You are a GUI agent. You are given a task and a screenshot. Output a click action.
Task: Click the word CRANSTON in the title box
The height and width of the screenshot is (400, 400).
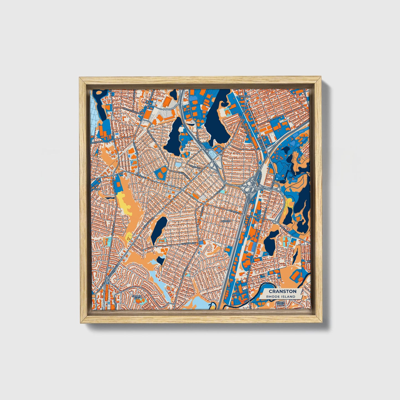click(x=282, y=291)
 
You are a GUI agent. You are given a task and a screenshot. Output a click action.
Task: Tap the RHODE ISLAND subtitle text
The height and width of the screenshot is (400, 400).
click(x=280, y=296)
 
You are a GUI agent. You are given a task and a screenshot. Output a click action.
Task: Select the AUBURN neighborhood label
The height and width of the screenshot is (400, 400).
click(x=226, y=221)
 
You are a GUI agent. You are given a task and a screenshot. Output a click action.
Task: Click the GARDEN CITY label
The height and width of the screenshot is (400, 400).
click(x=137, y=297)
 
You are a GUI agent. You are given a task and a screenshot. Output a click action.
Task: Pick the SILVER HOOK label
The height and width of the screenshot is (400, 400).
click(x=280, y=304)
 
